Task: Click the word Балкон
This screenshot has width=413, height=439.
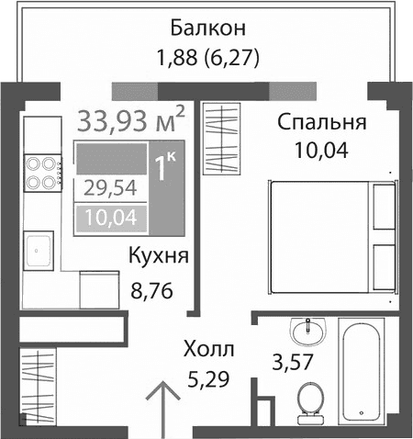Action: pos(208,27)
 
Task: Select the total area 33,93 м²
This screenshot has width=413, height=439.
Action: pos(133,119)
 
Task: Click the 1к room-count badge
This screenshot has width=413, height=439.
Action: pos(166,168)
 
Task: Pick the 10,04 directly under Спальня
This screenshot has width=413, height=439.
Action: pos(320,151)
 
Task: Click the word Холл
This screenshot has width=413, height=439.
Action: pos(208,349)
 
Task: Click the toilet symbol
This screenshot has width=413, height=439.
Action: pos(310,398)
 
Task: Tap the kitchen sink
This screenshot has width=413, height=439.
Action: pos(39,248)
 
